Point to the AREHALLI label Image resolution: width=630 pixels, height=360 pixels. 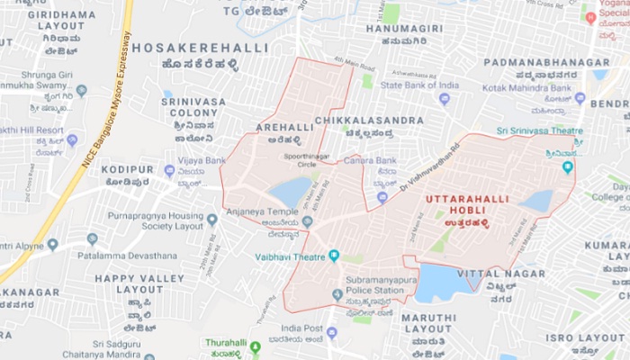pyautogui.click(x=285, y=128)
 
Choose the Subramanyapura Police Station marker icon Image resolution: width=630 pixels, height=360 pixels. pyautogui.click(x=337, y=293)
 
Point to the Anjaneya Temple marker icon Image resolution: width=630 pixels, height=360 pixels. pyautogui.click(x=307, y=221)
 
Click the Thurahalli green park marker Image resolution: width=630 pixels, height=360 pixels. pyautogui.click(x=255, y=347)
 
